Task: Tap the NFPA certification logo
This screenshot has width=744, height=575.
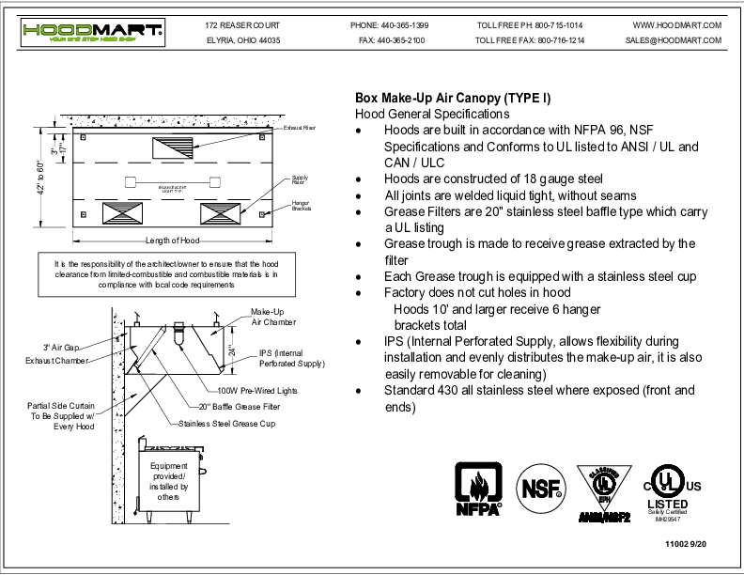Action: click(x=478, y=489)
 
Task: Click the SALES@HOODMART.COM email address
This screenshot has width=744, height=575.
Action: click(x=673, y=40)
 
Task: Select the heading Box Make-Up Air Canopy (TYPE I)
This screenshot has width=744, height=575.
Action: click(x=452, y=98)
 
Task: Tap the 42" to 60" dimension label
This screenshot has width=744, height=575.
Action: click(x=40, y=189)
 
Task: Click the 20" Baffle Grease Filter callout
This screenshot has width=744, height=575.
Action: click(x=231, y=406)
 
